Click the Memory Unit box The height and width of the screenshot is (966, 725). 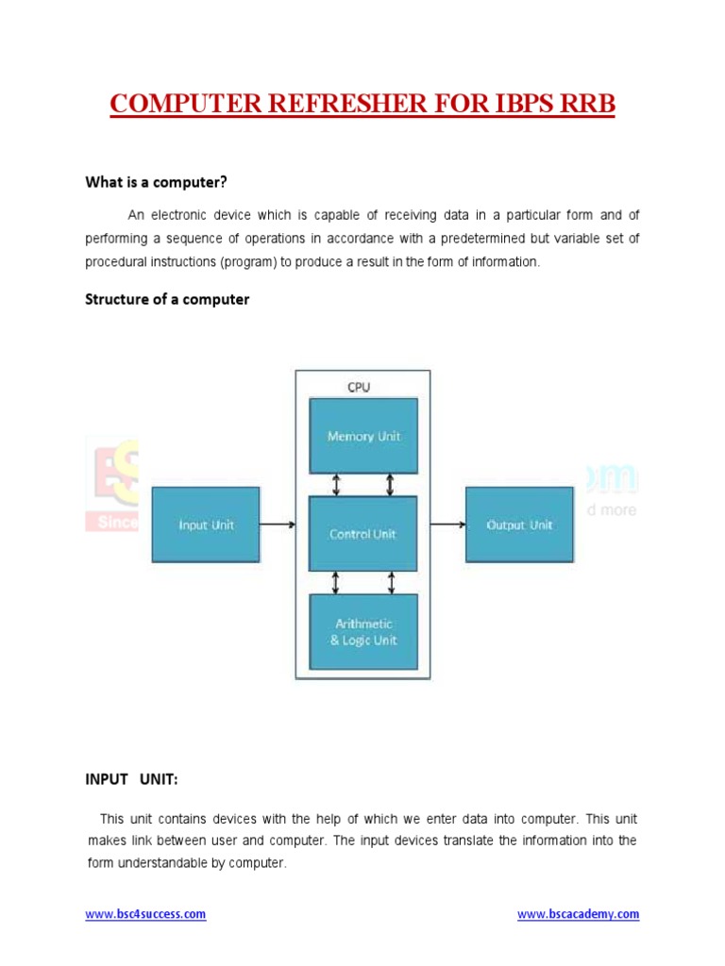(x=363, y=436)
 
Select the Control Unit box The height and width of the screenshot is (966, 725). (x=363, y=534)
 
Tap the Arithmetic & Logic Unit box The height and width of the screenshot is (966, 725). (x=363, y=632)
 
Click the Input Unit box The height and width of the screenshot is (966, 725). (x=206, y=525)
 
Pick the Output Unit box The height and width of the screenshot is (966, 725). (x=519, y=525)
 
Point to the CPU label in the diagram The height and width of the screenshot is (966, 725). (x=359, y=387)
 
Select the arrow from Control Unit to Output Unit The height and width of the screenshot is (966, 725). (x=441, y=525)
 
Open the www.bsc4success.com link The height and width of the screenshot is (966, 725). (x=145, y=914)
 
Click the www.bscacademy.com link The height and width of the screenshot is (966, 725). (x=579, y=914)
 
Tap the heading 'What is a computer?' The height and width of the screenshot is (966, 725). (x=157, y=181)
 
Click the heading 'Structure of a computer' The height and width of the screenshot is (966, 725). (x=167, y=299)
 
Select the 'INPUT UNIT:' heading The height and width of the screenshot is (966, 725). (x=132, y=779)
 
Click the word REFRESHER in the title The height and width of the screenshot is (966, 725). (x=345, y=103)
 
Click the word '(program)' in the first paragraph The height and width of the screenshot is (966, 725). (x=248, y=262)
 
